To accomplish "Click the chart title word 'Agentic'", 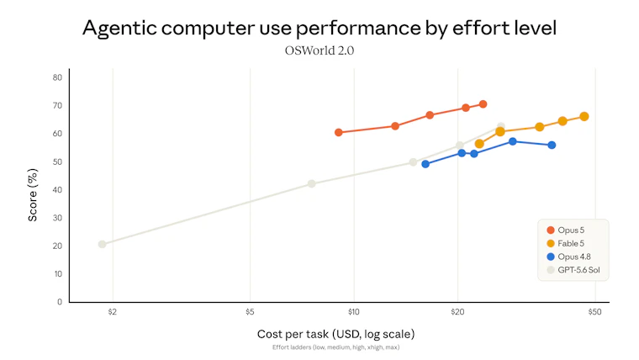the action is point(119,29).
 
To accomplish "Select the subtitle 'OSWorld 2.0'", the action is point(319,50).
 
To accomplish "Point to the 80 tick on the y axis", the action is point(57,77).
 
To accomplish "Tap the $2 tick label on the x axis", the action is point(113,312).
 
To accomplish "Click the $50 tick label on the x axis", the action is point(594,312).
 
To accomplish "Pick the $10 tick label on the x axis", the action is point(354,312).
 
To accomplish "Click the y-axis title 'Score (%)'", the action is point(33,195).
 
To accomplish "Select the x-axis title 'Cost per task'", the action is point(293,334).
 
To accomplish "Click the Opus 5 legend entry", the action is point(566,230).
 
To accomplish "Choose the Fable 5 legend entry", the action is point(566,243).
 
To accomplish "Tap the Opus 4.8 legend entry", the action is point(568,257).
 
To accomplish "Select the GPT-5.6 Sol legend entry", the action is point(573,270).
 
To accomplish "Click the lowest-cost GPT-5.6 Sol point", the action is point(102,244).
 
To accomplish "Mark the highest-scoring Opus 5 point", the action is point(483,104).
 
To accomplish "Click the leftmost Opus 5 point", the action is point(338,133).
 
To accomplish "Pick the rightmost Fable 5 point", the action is point(584,117).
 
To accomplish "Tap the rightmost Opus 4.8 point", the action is point(552,146).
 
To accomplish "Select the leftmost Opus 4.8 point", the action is point(425,164).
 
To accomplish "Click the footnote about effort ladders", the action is point(335,347).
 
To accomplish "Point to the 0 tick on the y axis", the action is point(60,302).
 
